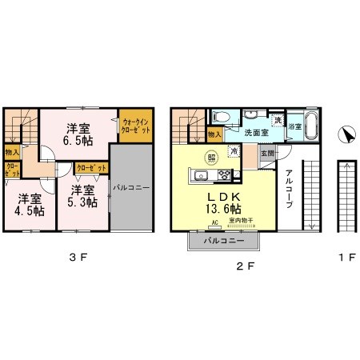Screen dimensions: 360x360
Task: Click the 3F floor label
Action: coord(77,257)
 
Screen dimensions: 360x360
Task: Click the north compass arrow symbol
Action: coord(346,136)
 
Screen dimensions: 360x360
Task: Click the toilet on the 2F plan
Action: coord(223,118)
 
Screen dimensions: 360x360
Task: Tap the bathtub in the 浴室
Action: coord(313,126)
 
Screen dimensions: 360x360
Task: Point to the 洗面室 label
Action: coord(256,132)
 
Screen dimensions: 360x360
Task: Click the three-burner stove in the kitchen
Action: coord(226,175)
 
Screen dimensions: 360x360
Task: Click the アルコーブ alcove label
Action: coord(289,192)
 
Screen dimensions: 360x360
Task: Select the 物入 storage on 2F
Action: coord(214,134)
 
